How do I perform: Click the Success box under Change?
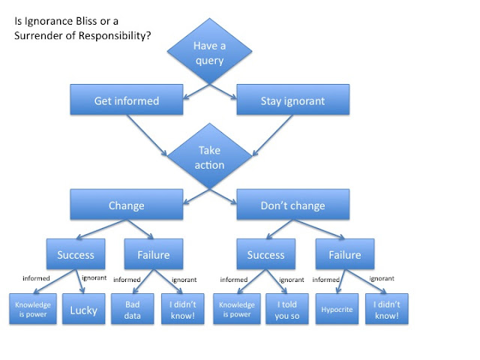(76, 255)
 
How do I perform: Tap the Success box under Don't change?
(266, 255)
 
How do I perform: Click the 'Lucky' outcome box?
(83, 310)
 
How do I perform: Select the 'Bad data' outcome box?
(131, 310)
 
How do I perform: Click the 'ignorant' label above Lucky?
(94, 278)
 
